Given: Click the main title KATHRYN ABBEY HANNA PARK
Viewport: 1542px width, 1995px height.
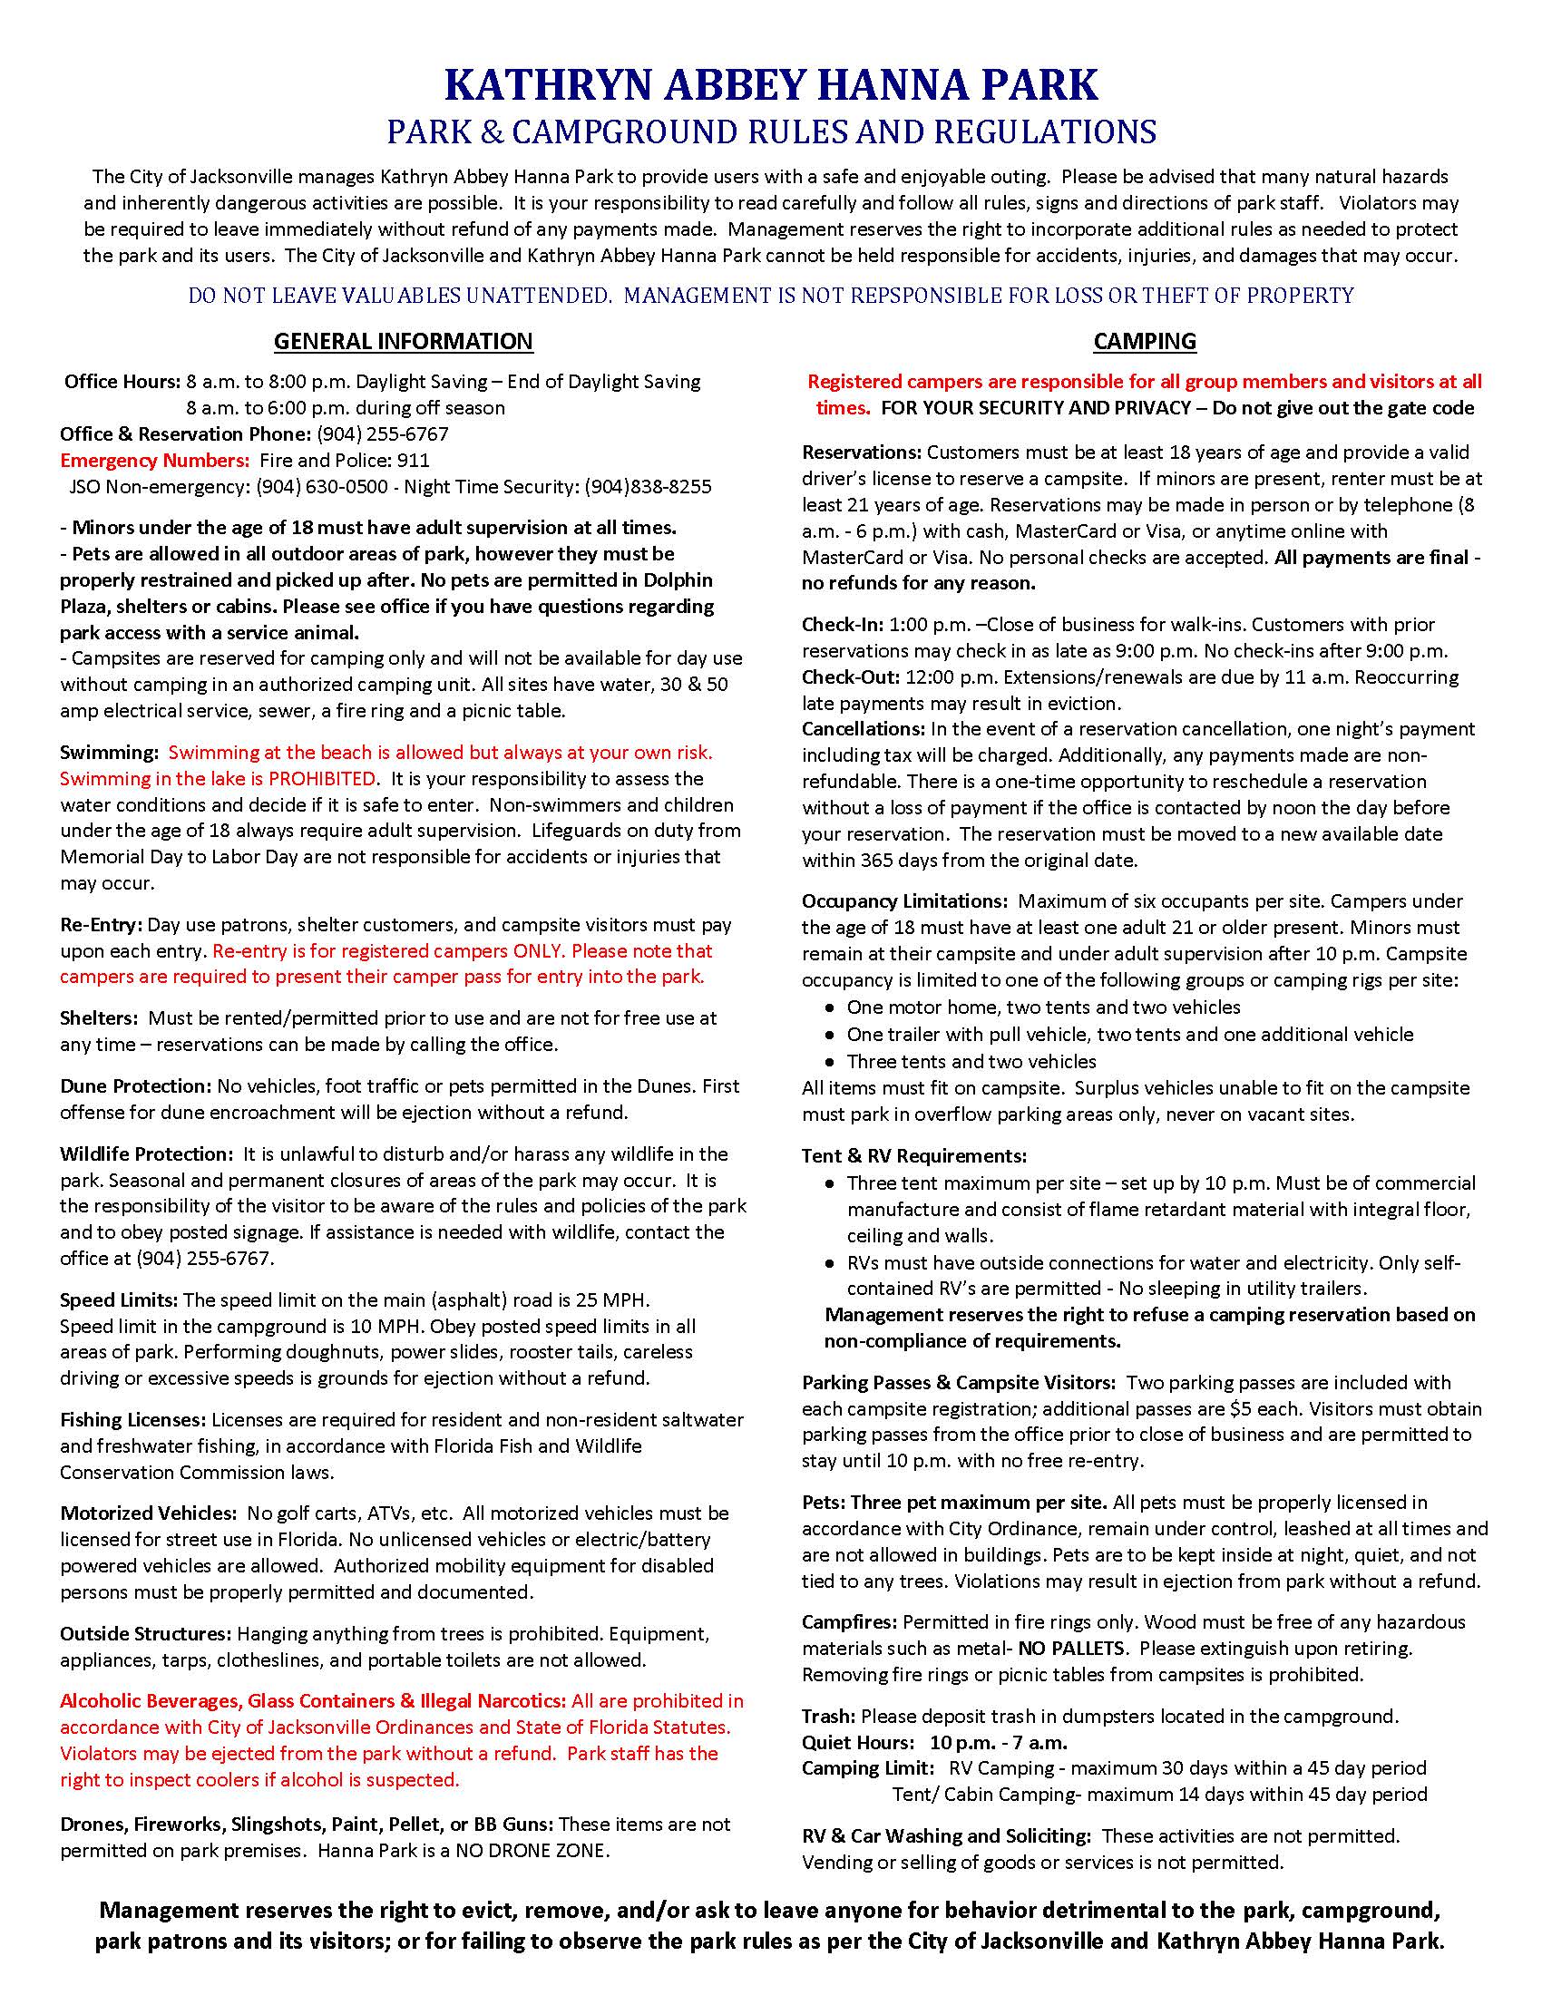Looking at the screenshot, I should tap(770, 84).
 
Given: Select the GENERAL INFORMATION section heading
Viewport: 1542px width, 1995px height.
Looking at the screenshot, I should tap(403, 341).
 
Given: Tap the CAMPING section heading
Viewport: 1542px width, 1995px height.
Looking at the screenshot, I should tap(1145, 341).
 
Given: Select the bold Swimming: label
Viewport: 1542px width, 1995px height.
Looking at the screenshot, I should tap(110, 753).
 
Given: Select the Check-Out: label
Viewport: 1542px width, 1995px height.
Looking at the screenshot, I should tap(852, 677).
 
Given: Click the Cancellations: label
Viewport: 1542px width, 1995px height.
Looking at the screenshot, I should tap(864, 729).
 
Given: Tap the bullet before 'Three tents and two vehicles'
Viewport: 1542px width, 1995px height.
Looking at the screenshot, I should tap(828, 1063).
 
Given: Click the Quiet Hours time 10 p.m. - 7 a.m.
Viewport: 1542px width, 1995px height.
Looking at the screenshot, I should tap(999, 1743).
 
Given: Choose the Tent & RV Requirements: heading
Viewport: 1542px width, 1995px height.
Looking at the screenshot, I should tap(914, 1156).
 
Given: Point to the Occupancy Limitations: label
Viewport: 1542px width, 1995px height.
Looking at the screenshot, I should tap(904, 901).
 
